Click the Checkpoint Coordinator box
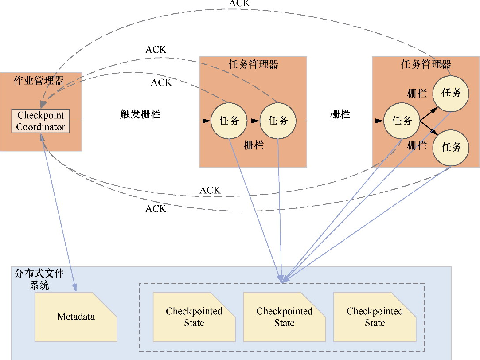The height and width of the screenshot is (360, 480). [41, 121]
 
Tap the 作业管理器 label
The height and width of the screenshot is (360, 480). [39, 81]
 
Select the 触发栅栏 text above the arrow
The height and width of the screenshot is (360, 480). [140, 114]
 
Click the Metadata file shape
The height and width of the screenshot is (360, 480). [76, 317]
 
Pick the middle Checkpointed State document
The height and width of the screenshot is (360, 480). [284, 317]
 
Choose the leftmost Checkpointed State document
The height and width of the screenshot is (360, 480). [194, 317]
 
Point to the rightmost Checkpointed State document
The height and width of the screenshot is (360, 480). [375, 317]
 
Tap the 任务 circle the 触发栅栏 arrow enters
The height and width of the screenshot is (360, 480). [229, 121]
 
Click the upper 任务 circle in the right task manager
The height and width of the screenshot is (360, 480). [451, 93]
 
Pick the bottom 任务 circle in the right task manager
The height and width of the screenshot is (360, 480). [451, 147]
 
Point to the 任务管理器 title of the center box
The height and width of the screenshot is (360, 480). [253, 64]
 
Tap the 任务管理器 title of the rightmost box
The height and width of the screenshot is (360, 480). [426, 64]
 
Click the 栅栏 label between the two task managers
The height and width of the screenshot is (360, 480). [340, 114]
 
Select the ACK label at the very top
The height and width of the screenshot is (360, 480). [239, 4]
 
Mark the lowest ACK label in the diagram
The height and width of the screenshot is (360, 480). [156, 209]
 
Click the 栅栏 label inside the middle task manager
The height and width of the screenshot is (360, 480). [254, 145]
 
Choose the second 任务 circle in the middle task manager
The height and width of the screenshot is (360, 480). [278, 121]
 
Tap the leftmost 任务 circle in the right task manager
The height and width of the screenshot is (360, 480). [402, 121]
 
